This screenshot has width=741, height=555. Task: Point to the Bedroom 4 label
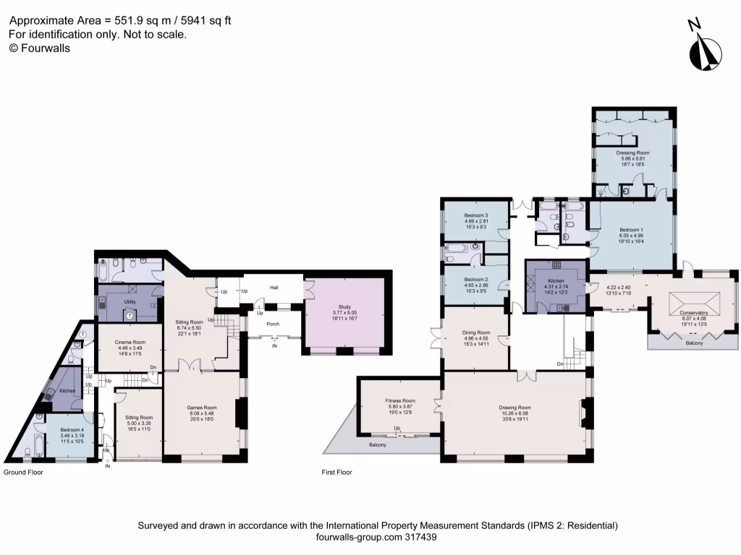(x=71, y=429)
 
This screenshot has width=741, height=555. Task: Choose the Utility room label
(x=130, y=302)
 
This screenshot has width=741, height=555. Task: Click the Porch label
(x=273, y=324)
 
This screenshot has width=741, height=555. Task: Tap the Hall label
(x=274, y=288)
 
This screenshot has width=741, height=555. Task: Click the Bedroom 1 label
(x=631, y=229)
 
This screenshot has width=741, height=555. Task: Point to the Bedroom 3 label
(x=476, y=215)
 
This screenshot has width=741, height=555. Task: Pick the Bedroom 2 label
(x=476, y=280)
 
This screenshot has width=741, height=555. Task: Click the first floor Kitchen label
(x=556, y=280)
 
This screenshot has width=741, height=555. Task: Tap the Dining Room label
(x=475, y=333)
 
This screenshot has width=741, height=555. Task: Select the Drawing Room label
(x=515, y=407)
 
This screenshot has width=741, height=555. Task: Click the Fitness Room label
(x=399, y=400)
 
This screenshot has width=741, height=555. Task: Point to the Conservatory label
(x=694, y=313)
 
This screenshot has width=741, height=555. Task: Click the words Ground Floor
(x=23, y=472)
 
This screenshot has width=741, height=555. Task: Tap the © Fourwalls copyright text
(x=39, y=48)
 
